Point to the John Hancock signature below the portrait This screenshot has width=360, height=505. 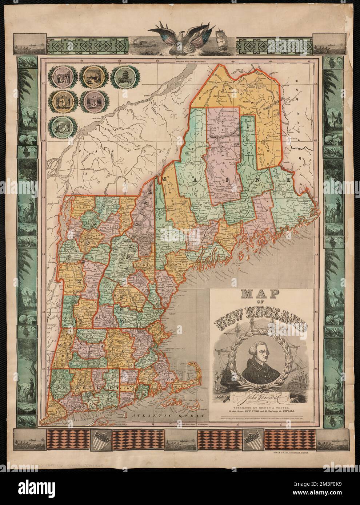[260, 400]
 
